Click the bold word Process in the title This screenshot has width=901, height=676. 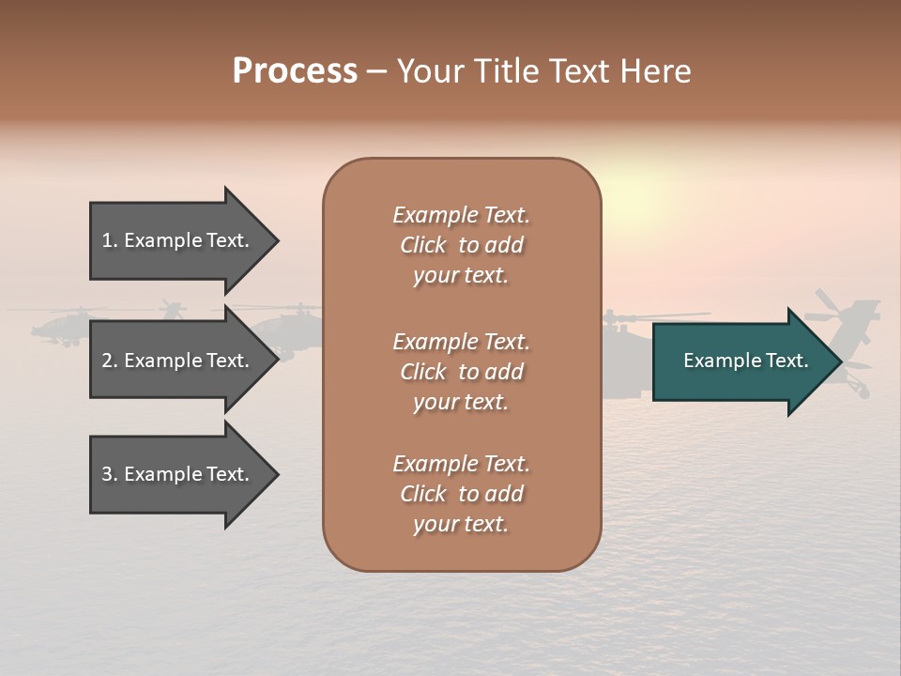295,70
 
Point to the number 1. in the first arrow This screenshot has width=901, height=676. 110,240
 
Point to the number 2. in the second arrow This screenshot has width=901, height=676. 110,361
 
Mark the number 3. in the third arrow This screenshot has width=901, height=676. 110,474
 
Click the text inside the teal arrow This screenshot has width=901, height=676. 746,361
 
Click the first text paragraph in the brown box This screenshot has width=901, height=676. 461,245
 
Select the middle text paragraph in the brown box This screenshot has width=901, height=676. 461,372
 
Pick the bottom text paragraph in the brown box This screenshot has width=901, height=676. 461,494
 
